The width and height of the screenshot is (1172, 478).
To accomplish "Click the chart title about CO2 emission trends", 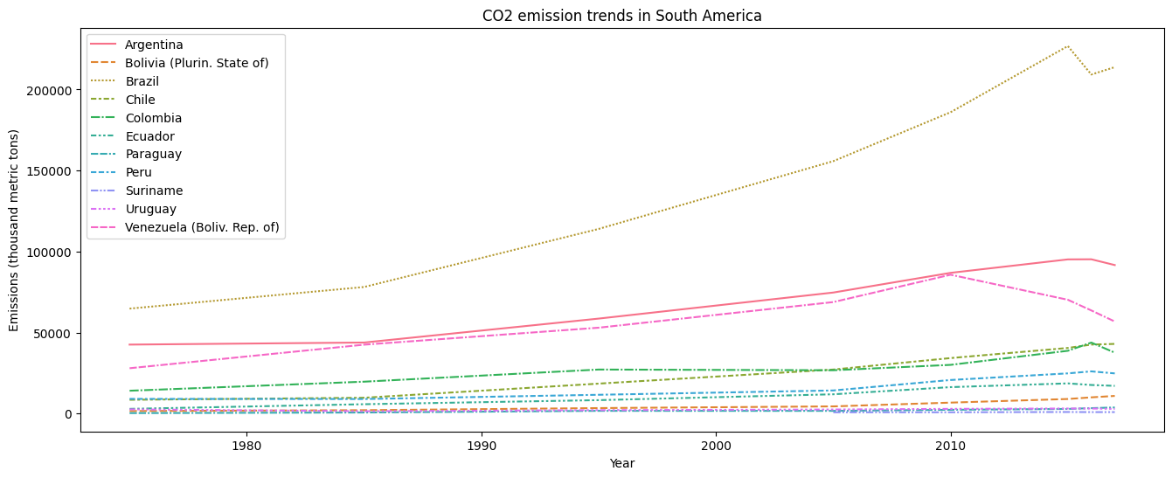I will tap(621, 16).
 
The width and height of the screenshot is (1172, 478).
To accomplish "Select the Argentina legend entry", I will tap(153, 45).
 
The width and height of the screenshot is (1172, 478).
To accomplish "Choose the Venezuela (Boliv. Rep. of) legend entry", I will tap(202, 227).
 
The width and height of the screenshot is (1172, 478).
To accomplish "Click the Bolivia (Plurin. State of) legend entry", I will tap(196, 63).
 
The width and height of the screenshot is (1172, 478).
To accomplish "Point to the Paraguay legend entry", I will tap(153, 154).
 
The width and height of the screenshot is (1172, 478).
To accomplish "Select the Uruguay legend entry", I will tap(150, 209).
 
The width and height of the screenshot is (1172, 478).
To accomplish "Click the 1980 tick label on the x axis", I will tap(246, 447).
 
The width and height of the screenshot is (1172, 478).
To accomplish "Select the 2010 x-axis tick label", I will tap(950, 447).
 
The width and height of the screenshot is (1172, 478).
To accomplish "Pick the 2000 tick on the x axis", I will tap(716, 447).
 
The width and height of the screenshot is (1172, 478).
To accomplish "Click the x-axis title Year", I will tap(621, 463).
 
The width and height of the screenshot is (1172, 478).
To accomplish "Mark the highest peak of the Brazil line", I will tap(1067, 46).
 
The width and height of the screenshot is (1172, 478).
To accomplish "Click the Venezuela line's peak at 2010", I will tap(950, 274).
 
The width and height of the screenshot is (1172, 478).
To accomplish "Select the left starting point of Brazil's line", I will tap(129, 308).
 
